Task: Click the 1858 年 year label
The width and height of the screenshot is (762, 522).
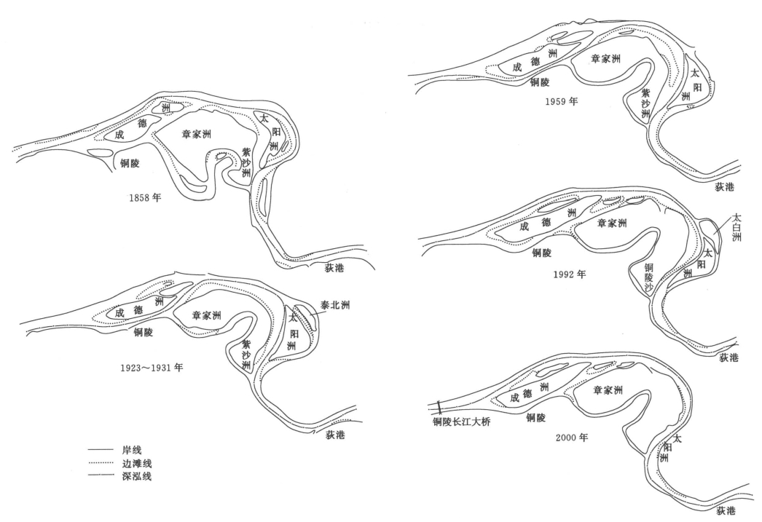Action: [145, 197]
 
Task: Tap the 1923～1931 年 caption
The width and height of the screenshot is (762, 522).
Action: [152, 368]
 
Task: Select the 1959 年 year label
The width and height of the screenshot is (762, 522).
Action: [561, 101]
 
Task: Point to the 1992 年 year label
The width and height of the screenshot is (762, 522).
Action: [570, 274]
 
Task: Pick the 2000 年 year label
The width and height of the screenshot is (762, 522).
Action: [571, 438]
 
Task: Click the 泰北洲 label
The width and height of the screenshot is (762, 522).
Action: [335, 306]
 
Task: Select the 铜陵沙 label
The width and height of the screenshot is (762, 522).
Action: [649, 278]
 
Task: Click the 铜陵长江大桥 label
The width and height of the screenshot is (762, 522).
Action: [462, 422]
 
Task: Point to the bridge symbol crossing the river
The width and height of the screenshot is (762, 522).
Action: [440, 407]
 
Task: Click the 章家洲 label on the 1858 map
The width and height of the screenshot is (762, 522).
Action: [197, 134]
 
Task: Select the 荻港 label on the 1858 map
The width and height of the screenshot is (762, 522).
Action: [335, 268]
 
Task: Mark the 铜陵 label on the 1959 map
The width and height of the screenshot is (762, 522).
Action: [539, 82]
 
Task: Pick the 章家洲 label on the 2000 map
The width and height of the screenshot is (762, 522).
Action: [608, 390]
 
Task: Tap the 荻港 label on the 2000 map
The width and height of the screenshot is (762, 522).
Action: [726, 510]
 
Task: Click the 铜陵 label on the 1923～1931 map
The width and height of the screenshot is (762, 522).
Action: [144, 332]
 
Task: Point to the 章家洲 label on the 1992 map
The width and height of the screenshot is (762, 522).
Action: [612, 223]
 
